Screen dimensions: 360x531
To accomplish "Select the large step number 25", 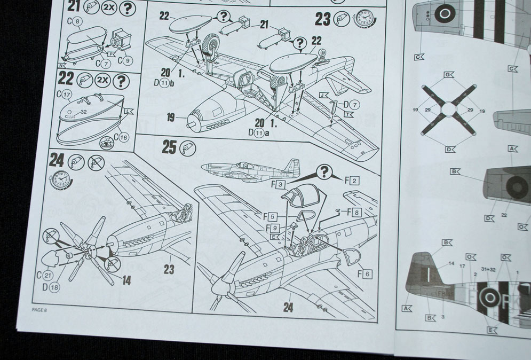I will coord(169,147).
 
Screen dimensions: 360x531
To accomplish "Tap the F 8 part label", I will coord(354,212).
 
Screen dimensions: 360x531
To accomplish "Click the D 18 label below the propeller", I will coord(53,287).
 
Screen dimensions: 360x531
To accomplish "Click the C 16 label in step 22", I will coord(121,137).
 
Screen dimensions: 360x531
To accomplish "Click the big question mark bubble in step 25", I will coord(322,171).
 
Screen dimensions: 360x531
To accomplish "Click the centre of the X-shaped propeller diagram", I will coord(448,110).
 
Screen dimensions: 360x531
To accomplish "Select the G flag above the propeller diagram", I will coord(448,75).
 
